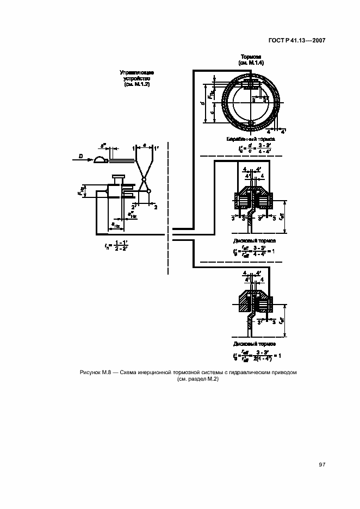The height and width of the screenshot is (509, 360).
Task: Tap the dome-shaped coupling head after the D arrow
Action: click(100, 159)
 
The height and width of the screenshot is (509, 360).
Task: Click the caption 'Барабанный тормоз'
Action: click(251, 139)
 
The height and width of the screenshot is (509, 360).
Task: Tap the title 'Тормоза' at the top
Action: click(251, 57)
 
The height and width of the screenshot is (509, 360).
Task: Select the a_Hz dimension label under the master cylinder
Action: click(115, 224)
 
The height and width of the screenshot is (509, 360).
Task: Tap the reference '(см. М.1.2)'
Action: click(136, 85)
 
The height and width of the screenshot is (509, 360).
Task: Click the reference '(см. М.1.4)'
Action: click(251, 64)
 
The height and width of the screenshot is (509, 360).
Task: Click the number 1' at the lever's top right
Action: click(156, 147)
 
